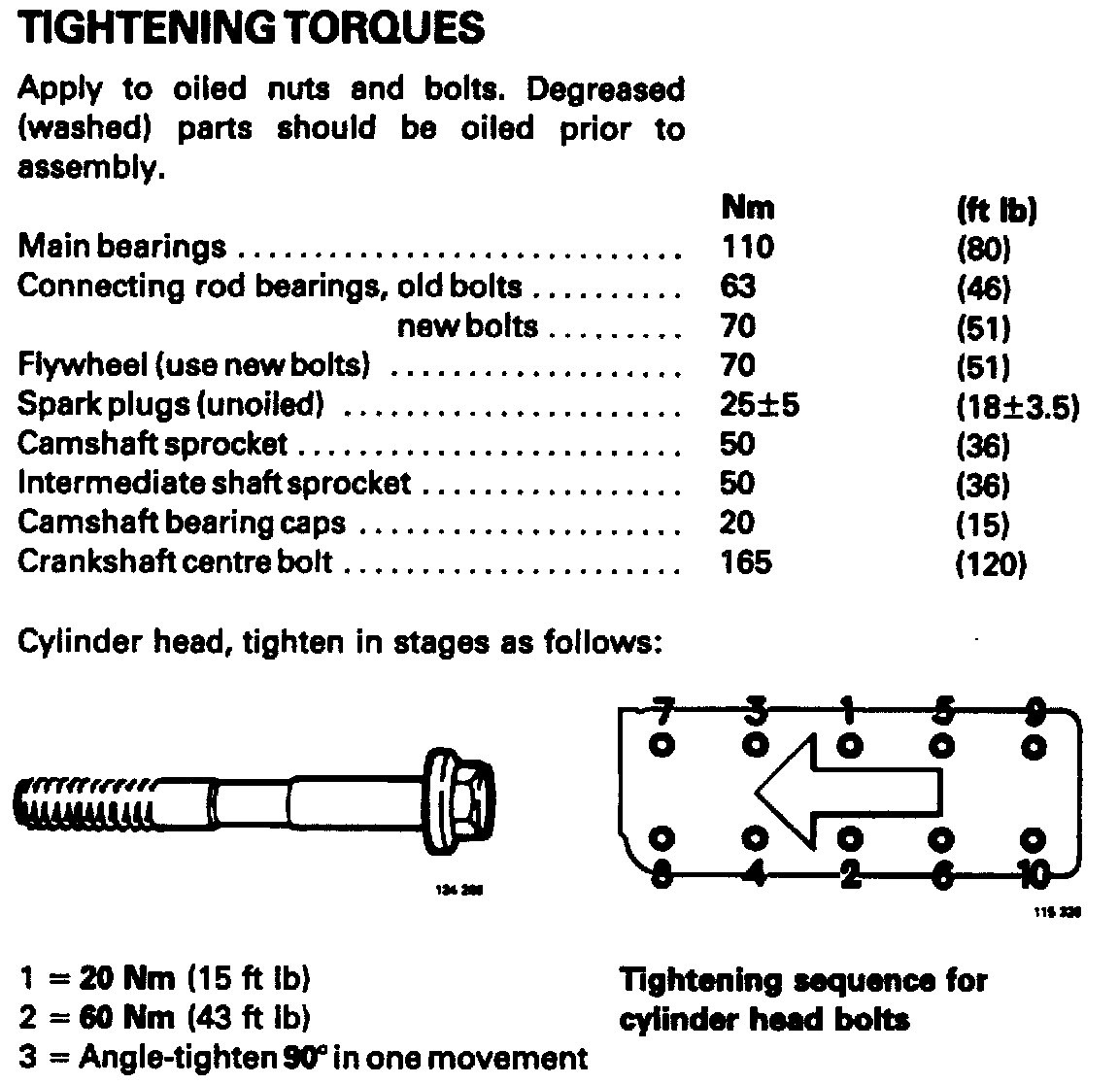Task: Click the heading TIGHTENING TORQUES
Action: click(x=251, y=29)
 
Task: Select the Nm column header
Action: click(x=748, y=207)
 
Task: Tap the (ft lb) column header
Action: click(x=997, y=210)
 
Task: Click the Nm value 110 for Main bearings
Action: click(x=748, y=247)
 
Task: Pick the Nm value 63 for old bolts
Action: click(x=738, y=287)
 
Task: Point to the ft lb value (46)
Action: click(x=984, y=288)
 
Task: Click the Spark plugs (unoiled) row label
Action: click(x=170, y=404)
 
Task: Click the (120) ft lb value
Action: click(x=991, y=564)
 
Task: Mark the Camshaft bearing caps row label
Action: click(x=182, y=523)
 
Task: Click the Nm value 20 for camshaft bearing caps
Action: click(x=738, y=523)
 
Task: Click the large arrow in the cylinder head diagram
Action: click(x=845, y=787)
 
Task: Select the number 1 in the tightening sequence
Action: click(x=849, y=713)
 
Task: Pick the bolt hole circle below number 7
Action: click(x=661, y=746)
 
